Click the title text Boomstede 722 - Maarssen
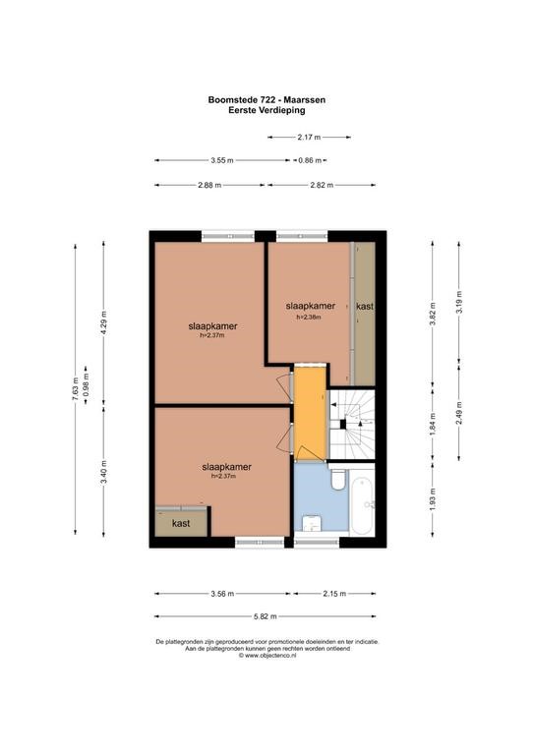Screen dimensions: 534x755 [267, 100]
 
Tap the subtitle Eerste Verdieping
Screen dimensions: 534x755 [267, 110]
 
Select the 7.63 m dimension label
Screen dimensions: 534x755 [75, 389]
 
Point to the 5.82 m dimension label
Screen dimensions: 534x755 [266, 616]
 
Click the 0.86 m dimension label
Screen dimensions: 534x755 [310, 160]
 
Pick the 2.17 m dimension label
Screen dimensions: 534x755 [309, 138]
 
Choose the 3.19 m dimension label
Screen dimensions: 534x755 [458, 303]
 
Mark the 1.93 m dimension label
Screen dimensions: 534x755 [433, 499]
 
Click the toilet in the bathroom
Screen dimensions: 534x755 [338, 480]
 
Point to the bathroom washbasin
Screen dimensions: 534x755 [311, 523]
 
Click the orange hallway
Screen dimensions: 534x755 [311, 413]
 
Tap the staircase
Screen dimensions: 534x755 [352, 424]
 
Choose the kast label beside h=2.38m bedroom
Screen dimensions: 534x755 [365, 307]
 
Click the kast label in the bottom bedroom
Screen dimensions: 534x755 [181, 523]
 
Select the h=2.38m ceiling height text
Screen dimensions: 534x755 [309, 318]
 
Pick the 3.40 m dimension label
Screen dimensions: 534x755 [103, 472]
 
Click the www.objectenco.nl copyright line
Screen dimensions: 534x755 [267, 656]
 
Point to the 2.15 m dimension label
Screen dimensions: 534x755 [334, 594]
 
